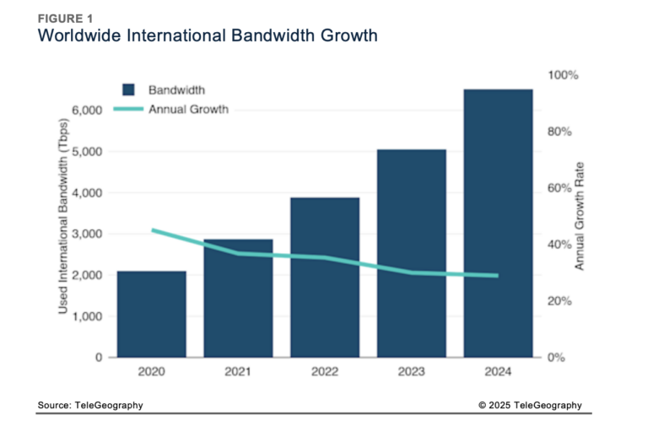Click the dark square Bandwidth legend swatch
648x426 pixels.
click(x=129, y=89)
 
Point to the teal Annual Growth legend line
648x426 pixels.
click(x=128, y=109)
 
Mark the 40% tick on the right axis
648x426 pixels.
click(x=560, y=245)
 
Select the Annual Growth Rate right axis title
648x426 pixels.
click(x=580, y=216)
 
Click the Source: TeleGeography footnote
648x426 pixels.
click(x=90, y=406)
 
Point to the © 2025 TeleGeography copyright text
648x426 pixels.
click(x=530, y=406)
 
